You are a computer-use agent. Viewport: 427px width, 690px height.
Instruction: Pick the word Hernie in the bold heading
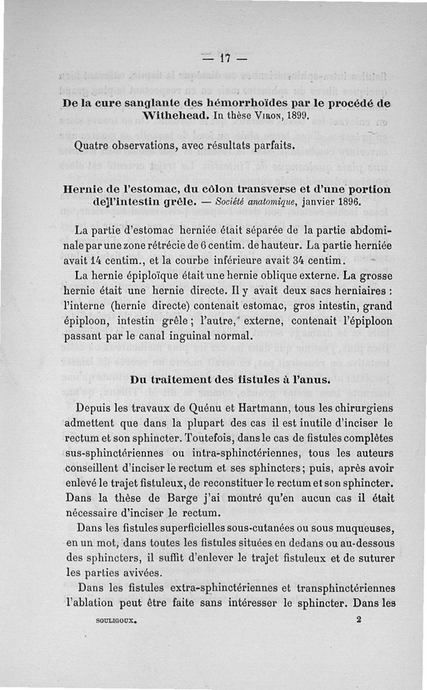pyautogui.click(x=84, y=189)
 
